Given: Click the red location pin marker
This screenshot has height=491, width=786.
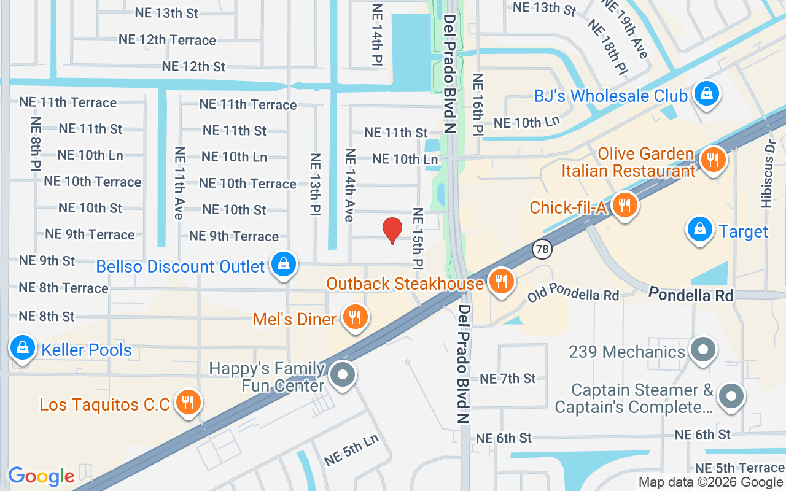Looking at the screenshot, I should coord(392,230).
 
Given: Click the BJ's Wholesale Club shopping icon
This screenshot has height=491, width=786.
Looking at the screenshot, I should coord(707,93).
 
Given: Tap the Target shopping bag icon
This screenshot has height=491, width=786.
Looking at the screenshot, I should coord(699,230).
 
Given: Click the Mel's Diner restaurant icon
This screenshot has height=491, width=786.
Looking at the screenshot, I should coord(354,317).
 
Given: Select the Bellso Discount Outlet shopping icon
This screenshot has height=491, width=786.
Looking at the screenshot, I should coord(284,265).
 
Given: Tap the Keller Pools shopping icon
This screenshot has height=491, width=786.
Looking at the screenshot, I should coord(22,348).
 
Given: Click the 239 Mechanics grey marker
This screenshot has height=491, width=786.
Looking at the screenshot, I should coord(704,350).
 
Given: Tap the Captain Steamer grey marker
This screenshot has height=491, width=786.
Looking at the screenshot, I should coord(731,396).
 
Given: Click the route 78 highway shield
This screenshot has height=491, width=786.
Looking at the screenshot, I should coord(543,249).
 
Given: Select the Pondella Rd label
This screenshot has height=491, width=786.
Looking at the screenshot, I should coord(691,295).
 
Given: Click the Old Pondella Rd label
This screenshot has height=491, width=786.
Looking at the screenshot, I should coord(573,293).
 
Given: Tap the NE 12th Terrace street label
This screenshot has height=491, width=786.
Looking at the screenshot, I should coord(167,40).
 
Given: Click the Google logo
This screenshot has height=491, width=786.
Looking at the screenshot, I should coord(41,476).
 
